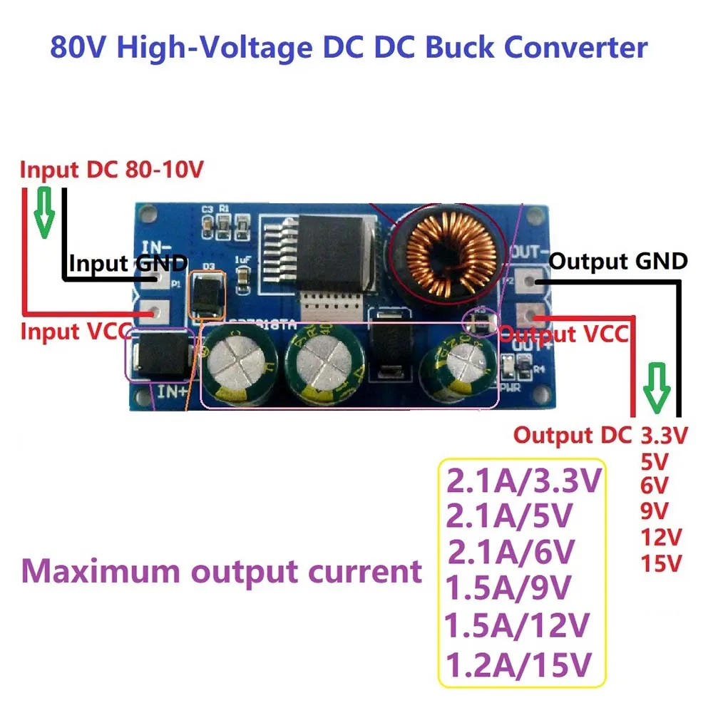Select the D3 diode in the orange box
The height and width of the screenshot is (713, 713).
(206, 293)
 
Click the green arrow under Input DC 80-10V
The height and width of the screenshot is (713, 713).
(45, 212)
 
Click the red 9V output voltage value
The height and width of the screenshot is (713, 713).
(655, 511)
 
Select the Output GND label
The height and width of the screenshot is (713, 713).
(618, 261)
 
